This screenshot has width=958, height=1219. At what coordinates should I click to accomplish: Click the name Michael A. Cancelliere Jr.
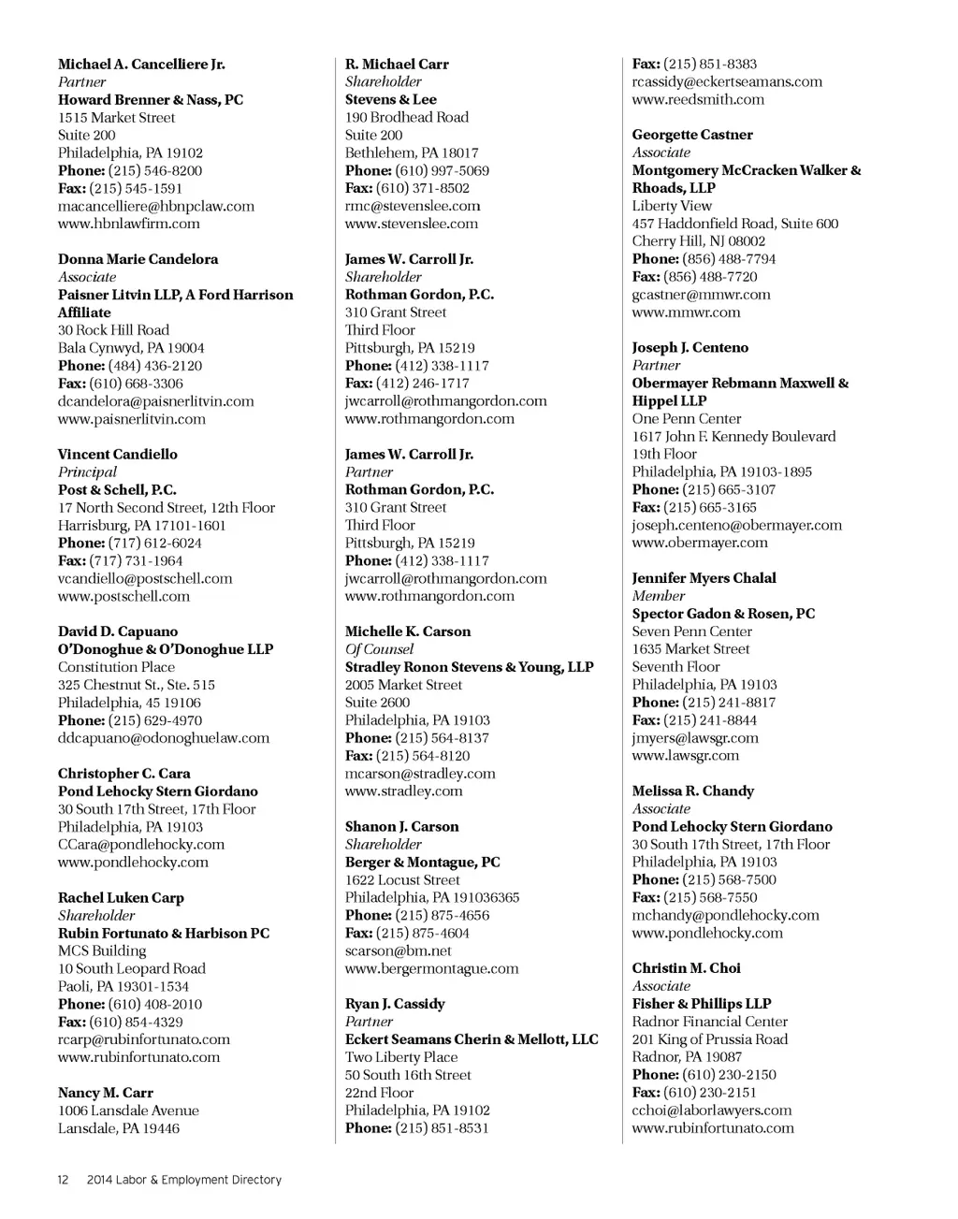[x=141, y=65]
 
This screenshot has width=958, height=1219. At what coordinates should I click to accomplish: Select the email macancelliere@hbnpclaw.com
[x=155, y=206]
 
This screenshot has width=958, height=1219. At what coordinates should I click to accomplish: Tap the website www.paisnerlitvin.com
[x=131, y=419]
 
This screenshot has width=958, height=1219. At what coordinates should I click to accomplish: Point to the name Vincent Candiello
[x=117, y=455]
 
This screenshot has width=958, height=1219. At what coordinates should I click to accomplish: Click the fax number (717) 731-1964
[x=136, y=560]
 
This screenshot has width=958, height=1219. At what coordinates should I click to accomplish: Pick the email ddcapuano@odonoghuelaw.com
[x=163, y=738]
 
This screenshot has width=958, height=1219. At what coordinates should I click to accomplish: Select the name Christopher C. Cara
[x=123, y=774]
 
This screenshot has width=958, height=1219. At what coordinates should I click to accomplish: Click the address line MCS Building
[x=102, y=951]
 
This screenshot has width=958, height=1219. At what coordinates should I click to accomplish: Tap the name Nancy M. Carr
[x=105, y=1093]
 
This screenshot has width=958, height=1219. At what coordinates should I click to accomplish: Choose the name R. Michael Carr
[x=397, y=65]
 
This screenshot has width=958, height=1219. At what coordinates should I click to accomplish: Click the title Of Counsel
[x=379, y=649]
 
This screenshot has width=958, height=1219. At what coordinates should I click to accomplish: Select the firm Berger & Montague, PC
[x=422, y=863]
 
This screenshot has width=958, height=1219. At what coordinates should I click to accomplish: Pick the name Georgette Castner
[x=691, y=135]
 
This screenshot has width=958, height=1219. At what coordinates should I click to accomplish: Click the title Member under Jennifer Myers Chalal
[x=658, y=596]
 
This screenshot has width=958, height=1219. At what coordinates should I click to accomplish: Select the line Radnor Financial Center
[x=709, y=1022]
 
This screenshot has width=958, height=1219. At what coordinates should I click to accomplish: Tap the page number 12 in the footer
[x=63, y=1180]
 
